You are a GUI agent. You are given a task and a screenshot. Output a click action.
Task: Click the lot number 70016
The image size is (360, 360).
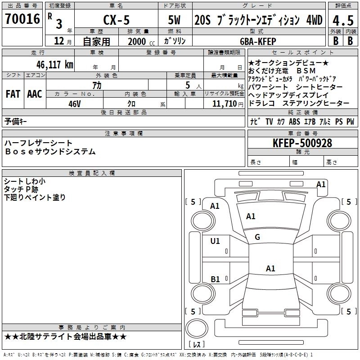(x=22, y=19)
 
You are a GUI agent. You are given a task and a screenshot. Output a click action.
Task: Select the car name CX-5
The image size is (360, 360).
(x=117, y=20)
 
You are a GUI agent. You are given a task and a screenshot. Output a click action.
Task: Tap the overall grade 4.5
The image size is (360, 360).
(x=343, y=21)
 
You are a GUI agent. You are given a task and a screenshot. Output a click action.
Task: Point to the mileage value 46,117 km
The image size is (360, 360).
(x=55, y=64)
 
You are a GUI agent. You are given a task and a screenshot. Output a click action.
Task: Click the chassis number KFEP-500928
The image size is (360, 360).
(x=302, y=143)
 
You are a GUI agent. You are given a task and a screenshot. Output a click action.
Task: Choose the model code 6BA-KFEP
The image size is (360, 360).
(x=258, y=41)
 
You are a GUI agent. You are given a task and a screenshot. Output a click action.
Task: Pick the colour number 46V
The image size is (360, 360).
(x=75, y=104)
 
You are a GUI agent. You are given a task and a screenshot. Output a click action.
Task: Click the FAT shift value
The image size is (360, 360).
(x=13, y=94)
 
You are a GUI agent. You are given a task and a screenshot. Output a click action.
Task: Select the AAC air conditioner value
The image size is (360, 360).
(x=35, y=94)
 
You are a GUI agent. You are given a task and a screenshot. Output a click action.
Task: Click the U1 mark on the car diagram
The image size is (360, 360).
(x=215, y=241)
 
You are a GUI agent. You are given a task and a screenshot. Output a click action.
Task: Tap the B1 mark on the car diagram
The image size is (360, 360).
(x=215, y=279)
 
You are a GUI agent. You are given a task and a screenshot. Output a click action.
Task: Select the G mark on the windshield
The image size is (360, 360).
(x=257, y=237)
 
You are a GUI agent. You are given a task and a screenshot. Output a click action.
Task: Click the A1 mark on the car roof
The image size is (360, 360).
(x=270, y=268)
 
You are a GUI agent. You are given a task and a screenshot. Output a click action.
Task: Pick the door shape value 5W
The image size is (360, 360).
(x=174, y=20)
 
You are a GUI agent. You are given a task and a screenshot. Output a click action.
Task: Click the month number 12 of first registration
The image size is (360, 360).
(x=59, y=41)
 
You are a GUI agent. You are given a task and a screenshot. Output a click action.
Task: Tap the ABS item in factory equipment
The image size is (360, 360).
(x=294, y=121)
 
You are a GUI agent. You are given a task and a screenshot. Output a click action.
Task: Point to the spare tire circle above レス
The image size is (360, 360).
(x=197, y=328)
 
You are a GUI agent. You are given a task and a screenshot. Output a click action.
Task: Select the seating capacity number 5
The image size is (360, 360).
(x=188, y=85)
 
